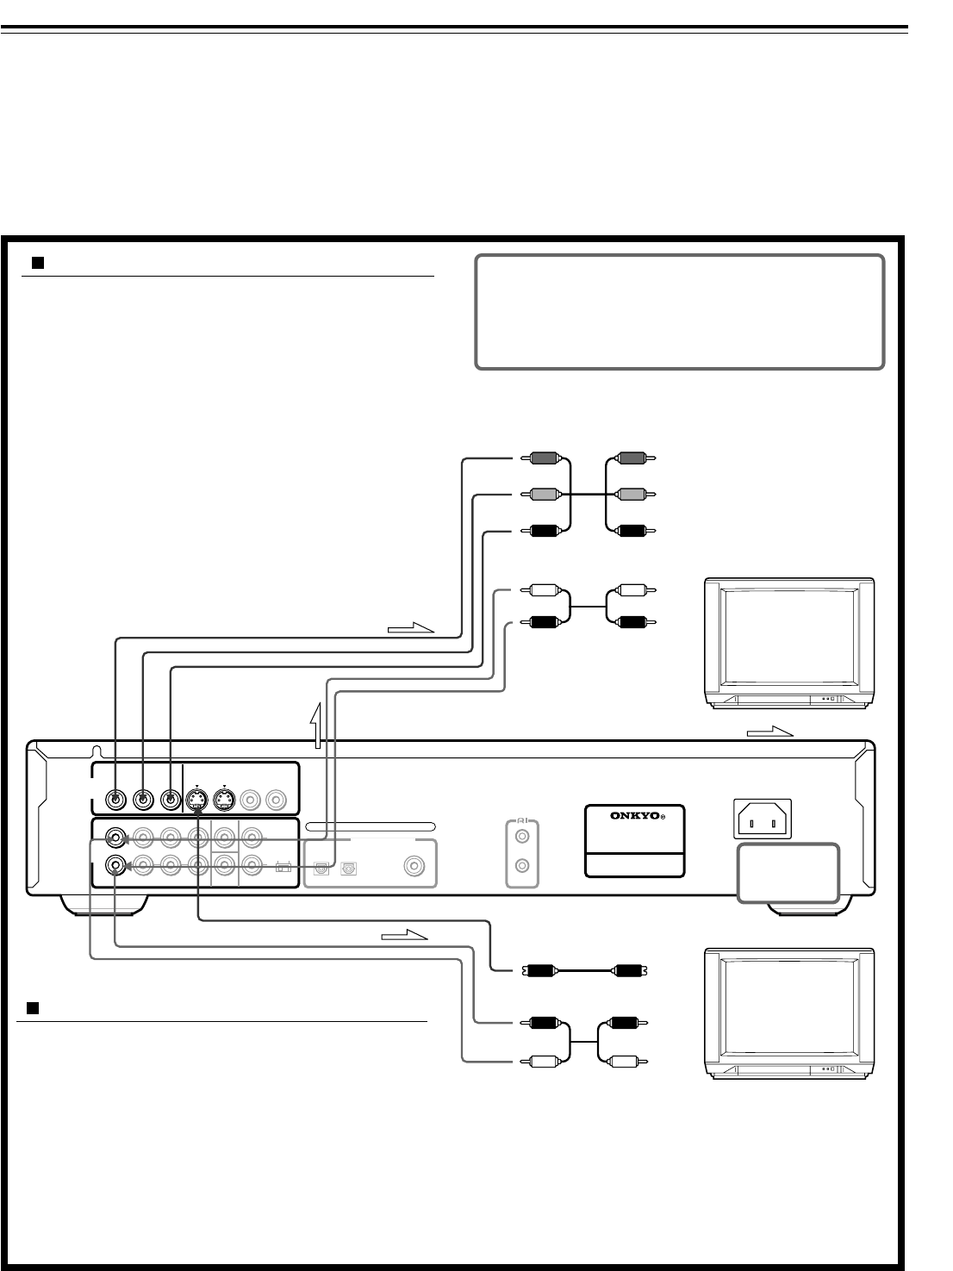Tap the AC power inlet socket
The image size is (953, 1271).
pos(762,819)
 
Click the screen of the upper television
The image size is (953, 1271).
pos(787,634)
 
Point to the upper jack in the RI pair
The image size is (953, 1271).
pos(521,835)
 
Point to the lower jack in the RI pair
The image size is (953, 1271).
pos(521,868)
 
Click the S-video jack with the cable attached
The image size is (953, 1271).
pos(197,801)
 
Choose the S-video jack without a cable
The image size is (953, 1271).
pos(224,801)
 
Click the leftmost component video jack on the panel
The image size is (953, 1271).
pos(115,800)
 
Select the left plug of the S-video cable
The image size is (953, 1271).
pos(539,971)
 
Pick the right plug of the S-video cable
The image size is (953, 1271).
pos(630,971)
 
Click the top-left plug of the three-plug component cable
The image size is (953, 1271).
pos(543,459)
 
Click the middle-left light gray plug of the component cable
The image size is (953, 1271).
pos(543,495)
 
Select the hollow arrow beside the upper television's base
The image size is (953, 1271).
pos(769,732)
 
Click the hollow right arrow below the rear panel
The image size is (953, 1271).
pos(403,934)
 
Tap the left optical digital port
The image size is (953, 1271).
pos(321,869)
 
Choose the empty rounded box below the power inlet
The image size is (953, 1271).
pos(788,873)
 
